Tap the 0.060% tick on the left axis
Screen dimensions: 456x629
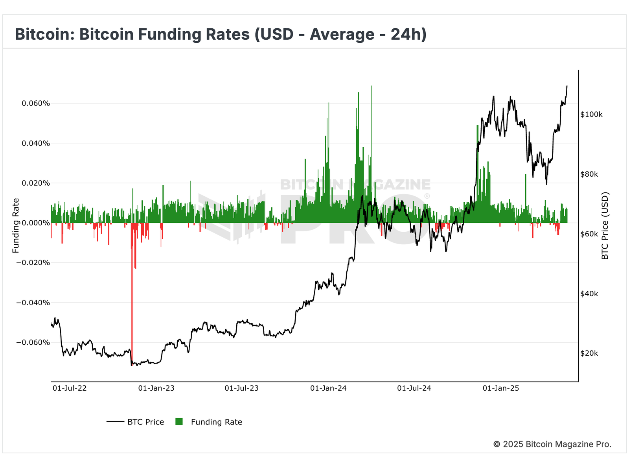coord(36,103)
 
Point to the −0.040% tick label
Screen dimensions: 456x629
coord(33,303)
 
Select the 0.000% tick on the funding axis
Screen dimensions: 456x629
coord(36,223)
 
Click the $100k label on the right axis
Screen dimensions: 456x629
coord(591,114)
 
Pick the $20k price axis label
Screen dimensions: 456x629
coord(589,353)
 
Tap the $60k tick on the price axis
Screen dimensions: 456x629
coord(589,234)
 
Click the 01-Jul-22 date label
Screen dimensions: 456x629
coord(70,388)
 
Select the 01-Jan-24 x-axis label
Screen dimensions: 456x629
coord(328,388)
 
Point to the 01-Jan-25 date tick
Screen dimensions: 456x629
coord(501,388)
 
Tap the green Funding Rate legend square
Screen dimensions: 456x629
coord(179,422)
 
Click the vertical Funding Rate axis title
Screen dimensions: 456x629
coord(16,226)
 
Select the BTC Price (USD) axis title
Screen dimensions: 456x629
coord(605,226)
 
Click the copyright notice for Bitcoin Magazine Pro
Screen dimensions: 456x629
coord(552,444)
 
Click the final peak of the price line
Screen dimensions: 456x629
coord(567,86)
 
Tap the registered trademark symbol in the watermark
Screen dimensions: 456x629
coord(427,196)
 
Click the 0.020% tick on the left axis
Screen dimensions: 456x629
coord(36,183)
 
